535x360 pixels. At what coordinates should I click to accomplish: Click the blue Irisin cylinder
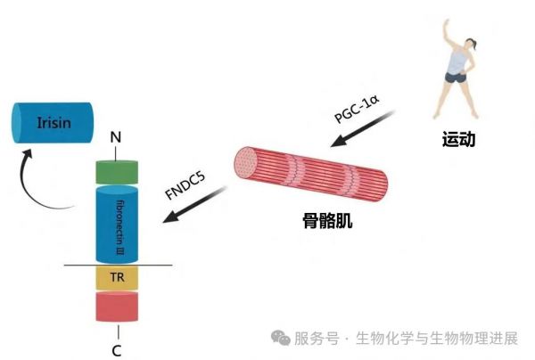coord(53,123)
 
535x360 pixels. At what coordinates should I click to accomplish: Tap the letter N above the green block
coord(116,137)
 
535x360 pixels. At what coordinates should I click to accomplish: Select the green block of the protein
coord(117,172)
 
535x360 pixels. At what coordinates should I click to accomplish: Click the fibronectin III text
coord(120,228)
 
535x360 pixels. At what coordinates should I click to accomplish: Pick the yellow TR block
coord(117,277)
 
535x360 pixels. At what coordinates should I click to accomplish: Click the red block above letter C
coord(117,307)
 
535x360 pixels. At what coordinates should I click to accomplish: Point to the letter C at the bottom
coord(117,351)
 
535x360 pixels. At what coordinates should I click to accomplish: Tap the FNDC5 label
coord(185,185)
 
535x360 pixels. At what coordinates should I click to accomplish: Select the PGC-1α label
coord(357,109)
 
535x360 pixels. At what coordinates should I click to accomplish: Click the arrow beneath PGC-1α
coord(363,128)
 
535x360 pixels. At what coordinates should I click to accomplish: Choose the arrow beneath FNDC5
coord(194,204)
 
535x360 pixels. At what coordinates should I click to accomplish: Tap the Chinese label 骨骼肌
coord(327,221)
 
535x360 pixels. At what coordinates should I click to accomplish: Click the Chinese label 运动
coord(458,139)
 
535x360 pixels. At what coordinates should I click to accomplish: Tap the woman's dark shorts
coord(456,78)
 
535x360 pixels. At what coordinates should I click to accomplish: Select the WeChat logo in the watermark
coord(281,338)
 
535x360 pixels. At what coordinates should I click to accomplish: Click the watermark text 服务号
coord(317,339)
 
